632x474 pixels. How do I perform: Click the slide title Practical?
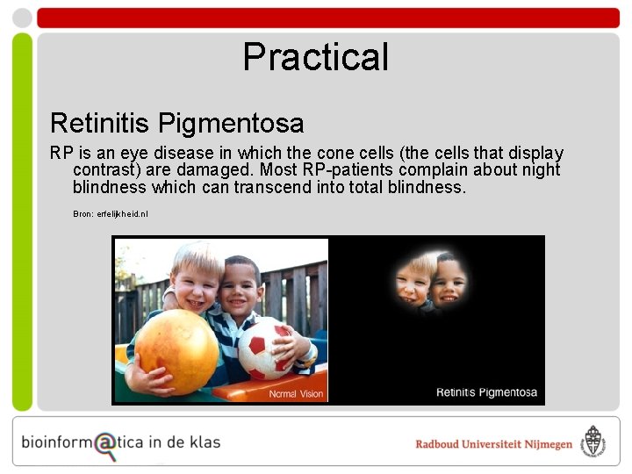[x=315, y=57]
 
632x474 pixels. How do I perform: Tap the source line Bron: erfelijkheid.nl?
[x=111, y=213]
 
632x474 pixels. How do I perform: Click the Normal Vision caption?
[x=296, y=394]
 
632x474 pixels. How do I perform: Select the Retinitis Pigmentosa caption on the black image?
[x=486, y=392]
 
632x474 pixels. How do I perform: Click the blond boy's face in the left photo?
[x=195, y=280]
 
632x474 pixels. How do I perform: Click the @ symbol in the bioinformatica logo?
[x=105, y=444]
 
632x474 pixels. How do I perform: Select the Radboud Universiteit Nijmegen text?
[x=493, y=444]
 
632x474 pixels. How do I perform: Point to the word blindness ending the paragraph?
[x=428, y=187]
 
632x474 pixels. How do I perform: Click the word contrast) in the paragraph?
[x=106, y=169]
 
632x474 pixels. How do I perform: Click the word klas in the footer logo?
[x=204, y=442]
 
